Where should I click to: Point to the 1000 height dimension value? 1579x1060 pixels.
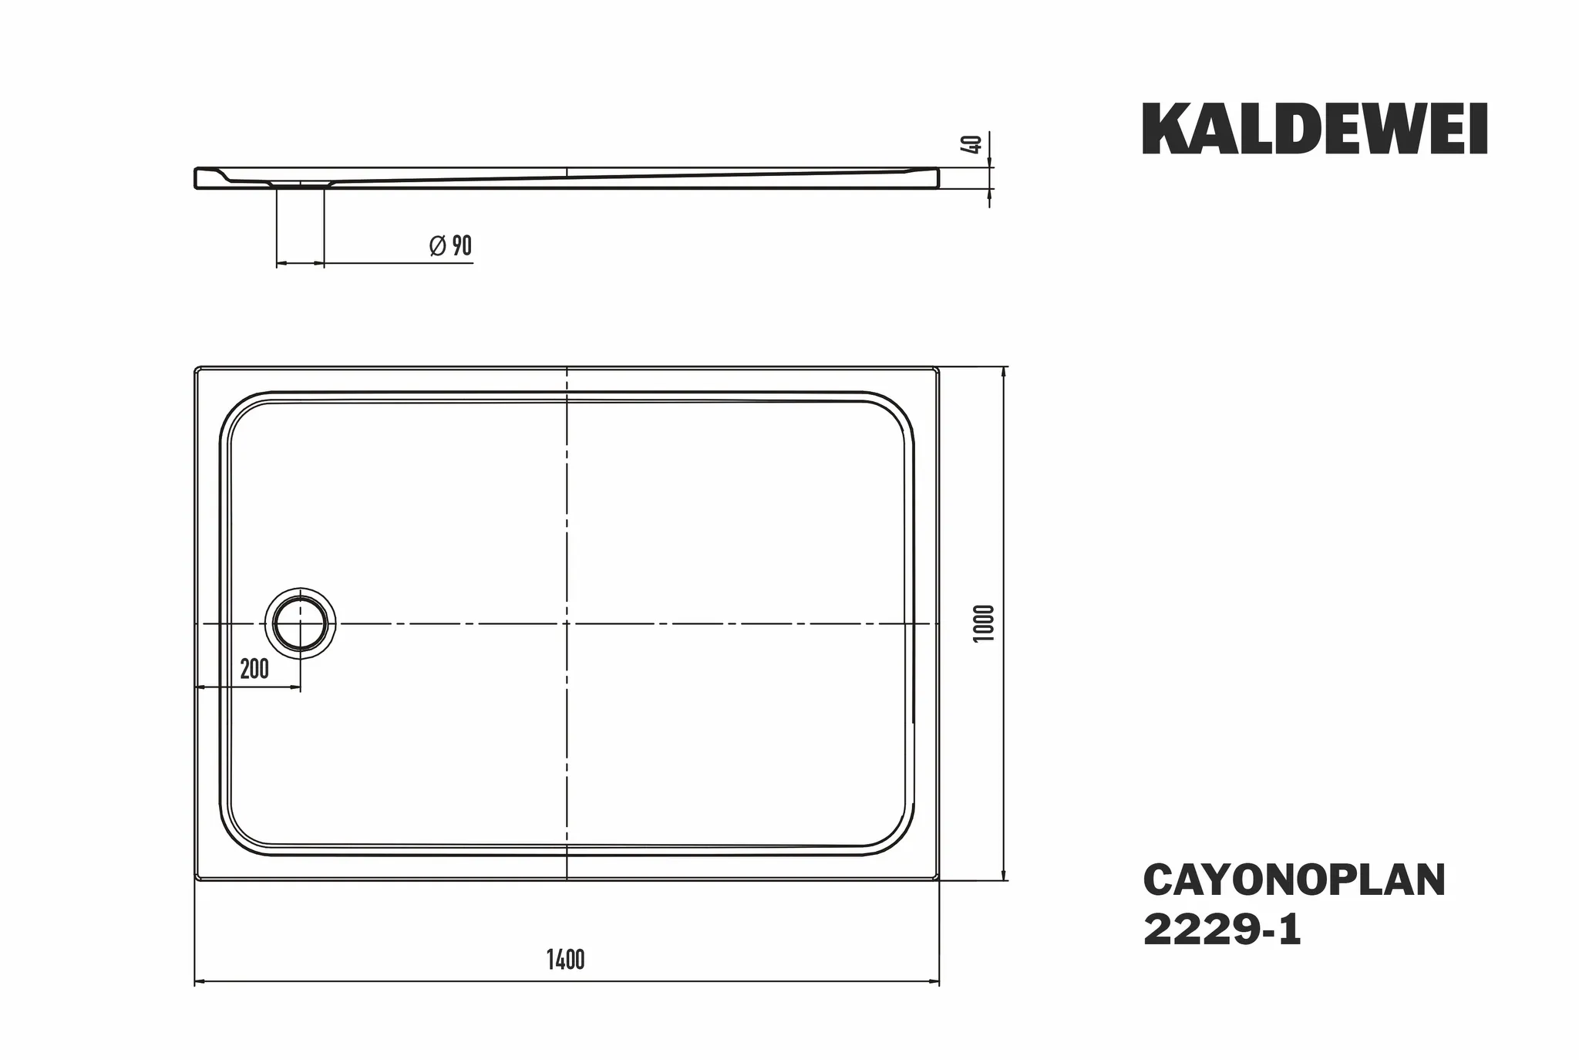[986, 623]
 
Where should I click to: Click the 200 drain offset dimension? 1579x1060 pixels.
[254, 669]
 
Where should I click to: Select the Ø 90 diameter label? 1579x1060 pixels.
[450, 246]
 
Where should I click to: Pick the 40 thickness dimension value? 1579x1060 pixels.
[974, 144]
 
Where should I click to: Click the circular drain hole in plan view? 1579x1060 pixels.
[301, 623]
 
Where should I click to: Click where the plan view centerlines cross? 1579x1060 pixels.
[567, 623]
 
